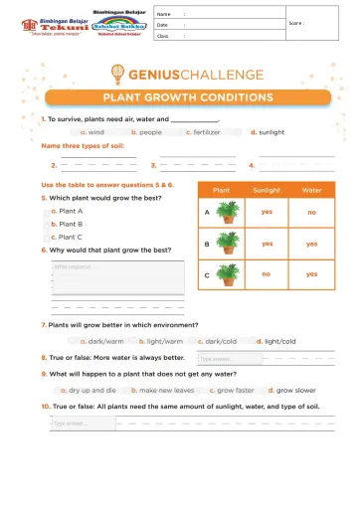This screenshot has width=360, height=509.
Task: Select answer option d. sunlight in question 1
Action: (x=268, y=131)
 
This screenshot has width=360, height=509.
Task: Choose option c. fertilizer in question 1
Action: (x=207, y=131)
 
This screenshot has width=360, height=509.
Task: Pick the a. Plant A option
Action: (x=69, y=211)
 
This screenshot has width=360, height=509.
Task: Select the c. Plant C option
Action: (x=69, y=237)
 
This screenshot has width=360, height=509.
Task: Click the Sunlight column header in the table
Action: (x=267, y=189)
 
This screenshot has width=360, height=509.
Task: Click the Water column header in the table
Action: (x=311, y=189)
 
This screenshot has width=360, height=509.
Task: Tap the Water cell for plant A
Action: (x=311, y=212)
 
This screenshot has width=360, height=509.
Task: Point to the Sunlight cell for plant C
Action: (x=267, y=273)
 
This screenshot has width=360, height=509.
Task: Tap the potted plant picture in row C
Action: (x=229, y=273)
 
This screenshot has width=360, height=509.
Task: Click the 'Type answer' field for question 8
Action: (x=229, y=358)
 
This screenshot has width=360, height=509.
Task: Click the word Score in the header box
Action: (x=295, y=23)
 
